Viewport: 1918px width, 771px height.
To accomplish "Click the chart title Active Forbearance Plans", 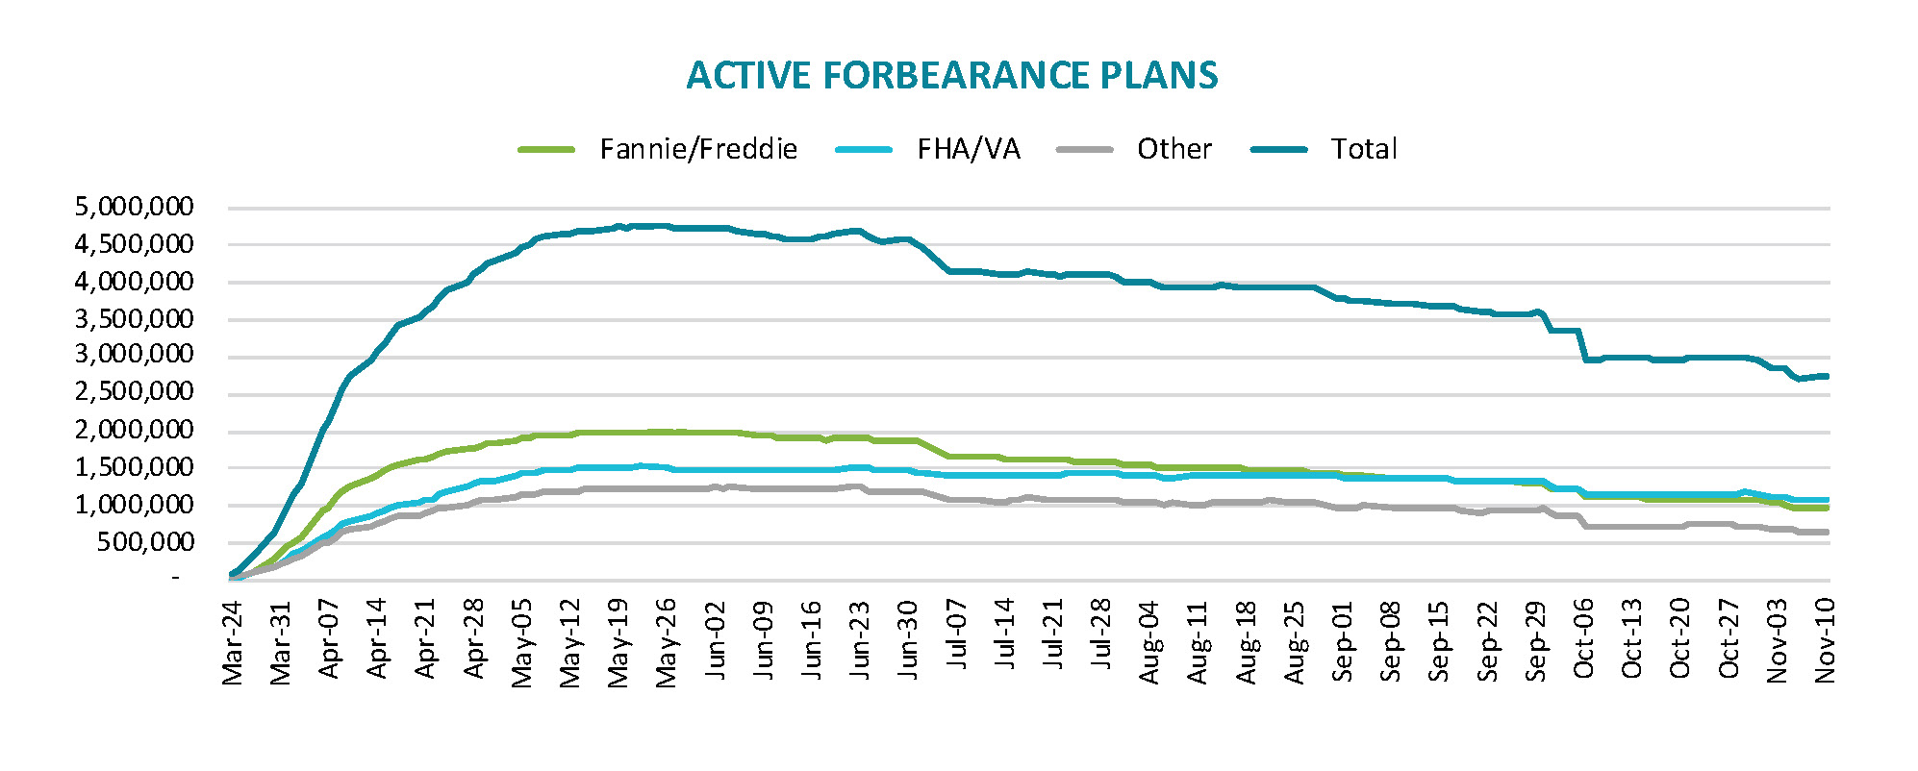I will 951,76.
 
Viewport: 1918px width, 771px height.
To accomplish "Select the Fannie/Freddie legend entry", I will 697,149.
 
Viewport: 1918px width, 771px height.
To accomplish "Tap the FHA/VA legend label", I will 968,149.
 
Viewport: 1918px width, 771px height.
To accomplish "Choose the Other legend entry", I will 1174,149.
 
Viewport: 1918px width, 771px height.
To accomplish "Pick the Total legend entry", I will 1363,149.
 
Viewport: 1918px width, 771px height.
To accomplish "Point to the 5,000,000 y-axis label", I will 135,207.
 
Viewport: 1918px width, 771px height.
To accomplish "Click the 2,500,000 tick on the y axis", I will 135,392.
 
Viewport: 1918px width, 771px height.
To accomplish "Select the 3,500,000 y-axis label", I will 135,318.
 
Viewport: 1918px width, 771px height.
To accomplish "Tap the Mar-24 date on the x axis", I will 233,642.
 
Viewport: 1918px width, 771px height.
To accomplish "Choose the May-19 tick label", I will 618,643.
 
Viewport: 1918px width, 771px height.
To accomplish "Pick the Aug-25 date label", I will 1295,642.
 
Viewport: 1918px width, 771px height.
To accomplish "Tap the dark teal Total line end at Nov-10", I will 1827,376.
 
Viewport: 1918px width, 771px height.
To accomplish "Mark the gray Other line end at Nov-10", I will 1827,532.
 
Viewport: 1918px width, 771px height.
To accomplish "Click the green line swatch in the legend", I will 546,150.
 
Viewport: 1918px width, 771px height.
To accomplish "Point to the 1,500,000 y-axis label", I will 135,467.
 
